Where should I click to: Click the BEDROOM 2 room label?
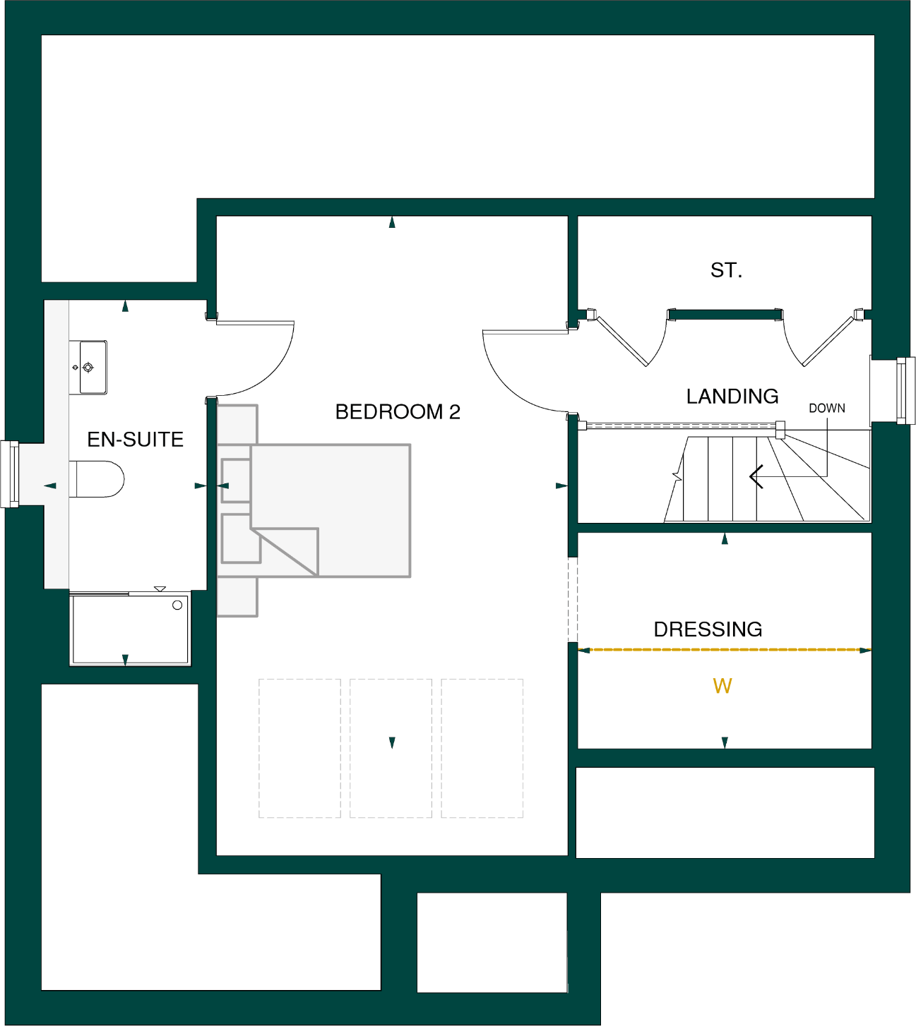tap(398, 411)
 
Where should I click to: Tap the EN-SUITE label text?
tap(135, 440)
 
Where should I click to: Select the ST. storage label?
tap(726, 270)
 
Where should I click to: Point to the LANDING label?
tap(732, 397)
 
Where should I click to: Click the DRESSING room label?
tap(708, 629)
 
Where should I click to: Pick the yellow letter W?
tap(722, 686)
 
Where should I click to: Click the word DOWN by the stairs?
tap(826, 409)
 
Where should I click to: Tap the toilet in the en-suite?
tap(99, 479)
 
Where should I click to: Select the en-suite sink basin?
tap(91, 367)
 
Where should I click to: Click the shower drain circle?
tap(177, 605)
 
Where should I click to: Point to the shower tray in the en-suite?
tap(130, 629)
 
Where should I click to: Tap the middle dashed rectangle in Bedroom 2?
tap(391, 748)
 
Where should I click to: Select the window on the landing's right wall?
tap(902, 391)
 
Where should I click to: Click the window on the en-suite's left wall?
tap(10, 473)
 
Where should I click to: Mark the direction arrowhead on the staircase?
tap(756, 477)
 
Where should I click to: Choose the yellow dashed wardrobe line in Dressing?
tap(725, 650)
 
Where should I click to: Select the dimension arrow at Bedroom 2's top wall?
tap(392, 223)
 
